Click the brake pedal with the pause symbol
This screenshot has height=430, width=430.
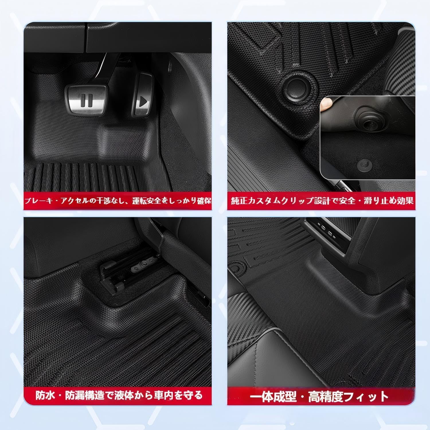tap(86, 99)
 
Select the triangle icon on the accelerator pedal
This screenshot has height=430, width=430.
tap(144, 101)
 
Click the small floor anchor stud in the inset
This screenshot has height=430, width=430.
tap(362, 164)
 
